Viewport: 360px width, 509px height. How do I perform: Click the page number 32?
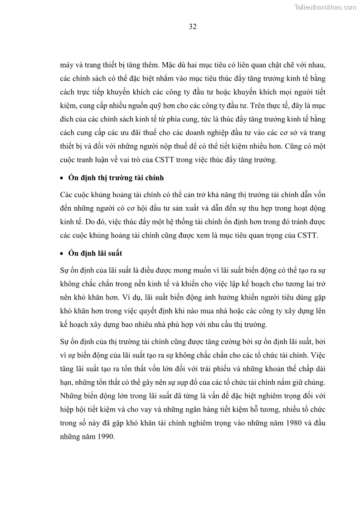192,27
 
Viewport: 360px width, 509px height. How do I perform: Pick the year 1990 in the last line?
105,438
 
